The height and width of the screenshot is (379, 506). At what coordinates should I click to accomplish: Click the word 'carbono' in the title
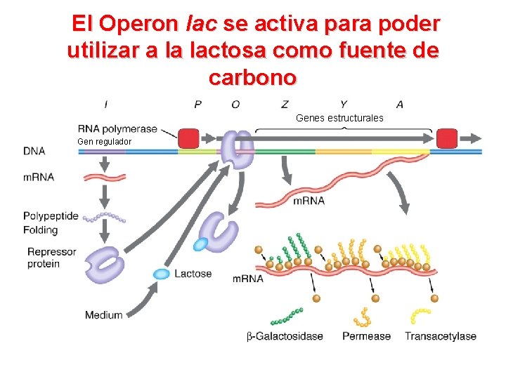pos(253,76)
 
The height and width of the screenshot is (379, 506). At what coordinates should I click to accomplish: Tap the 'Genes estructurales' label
pos(339,118)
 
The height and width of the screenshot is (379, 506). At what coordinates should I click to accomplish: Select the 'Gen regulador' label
pos(104,142)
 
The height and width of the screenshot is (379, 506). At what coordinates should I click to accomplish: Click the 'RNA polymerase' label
pos(117,128)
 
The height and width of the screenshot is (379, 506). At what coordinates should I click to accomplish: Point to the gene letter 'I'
pos(105,105)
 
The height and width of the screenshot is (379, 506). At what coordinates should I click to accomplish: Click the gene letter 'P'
pos(198,105)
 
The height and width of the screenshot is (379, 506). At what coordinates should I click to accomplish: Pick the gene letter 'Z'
pos(284,105)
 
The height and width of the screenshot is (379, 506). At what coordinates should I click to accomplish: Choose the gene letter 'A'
pos(400,105)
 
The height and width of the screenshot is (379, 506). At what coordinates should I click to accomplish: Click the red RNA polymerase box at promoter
pos(188,138)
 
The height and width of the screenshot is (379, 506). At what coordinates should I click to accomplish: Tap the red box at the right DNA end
pos(447,138)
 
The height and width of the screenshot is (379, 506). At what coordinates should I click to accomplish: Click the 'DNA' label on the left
pos(34,151)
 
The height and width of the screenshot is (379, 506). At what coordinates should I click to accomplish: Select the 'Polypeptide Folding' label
pos(51,222)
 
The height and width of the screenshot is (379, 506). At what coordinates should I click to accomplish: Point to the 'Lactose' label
pos(193,273)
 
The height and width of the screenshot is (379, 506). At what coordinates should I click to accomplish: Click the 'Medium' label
pos(103,315)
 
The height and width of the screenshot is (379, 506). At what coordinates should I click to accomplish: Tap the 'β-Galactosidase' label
pos(285,336)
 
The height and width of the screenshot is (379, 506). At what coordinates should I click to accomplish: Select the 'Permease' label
pos(366,336)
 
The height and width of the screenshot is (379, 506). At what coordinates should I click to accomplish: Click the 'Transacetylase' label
pos(440,336)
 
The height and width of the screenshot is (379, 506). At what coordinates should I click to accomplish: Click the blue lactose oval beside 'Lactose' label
pos(162,273)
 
